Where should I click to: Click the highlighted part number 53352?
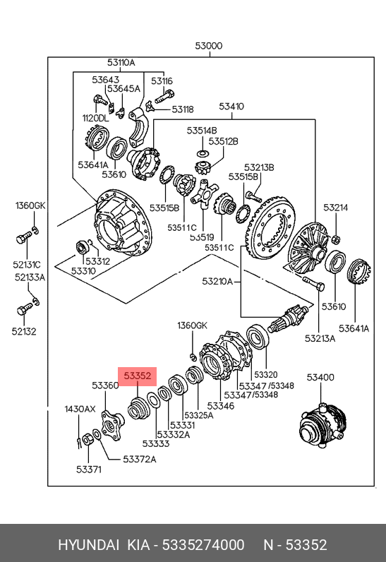[138, 376]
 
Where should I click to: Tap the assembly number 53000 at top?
[209, 46]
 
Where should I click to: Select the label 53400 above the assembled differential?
[320, 377]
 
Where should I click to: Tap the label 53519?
[202, 237]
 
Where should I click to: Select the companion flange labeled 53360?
[113, 426]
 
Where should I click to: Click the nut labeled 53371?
[88, 439]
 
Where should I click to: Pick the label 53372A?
[140, 459]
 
